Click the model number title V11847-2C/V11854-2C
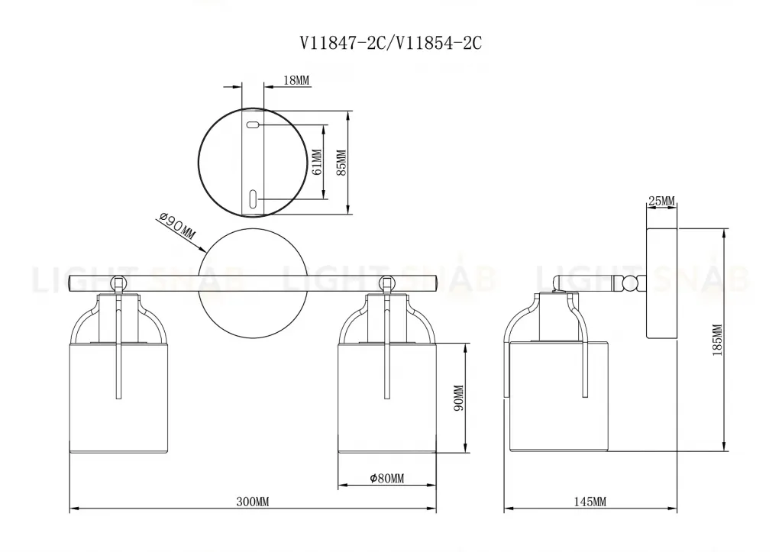point(389,44)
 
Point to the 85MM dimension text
point(341,163)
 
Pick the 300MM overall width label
point(252,502)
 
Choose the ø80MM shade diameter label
point(386,479)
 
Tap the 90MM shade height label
point(458,397)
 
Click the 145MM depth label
point(589,502)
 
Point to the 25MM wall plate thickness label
point(661,201)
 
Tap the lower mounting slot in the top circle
point(253,199)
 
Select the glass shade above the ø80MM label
point(386,397)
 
